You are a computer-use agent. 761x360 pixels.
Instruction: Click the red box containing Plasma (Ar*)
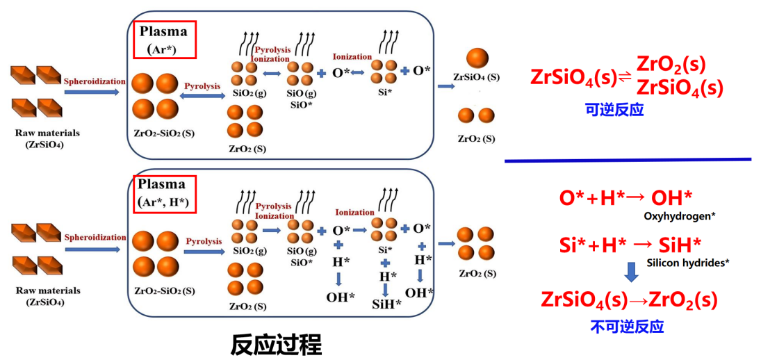point(165,39)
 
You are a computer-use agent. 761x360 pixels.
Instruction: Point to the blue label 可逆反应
point(614,110)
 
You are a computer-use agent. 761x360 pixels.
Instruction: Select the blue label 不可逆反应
point(627,326)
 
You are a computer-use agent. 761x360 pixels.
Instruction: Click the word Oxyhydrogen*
point(680,216)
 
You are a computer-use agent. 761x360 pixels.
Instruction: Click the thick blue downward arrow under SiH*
point(630,272)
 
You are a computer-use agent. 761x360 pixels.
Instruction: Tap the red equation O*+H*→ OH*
point(625,198)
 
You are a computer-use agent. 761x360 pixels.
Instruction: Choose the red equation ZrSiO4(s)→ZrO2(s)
point(628,300)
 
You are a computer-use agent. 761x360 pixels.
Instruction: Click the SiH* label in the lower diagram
point(387,303)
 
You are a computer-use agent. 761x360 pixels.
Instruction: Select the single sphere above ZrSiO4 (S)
point(477,59)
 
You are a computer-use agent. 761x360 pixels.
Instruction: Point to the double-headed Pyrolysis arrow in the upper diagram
point(202,99)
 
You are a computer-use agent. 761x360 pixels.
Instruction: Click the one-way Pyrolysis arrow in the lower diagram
point(204,252)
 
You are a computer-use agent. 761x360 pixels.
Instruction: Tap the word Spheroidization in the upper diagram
point(95,81)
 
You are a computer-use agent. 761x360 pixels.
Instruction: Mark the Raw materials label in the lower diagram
point(48,291)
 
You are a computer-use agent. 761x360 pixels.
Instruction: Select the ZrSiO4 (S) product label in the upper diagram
point(476,76)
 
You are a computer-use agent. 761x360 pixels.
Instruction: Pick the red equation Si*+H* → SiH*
point(630,245)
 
